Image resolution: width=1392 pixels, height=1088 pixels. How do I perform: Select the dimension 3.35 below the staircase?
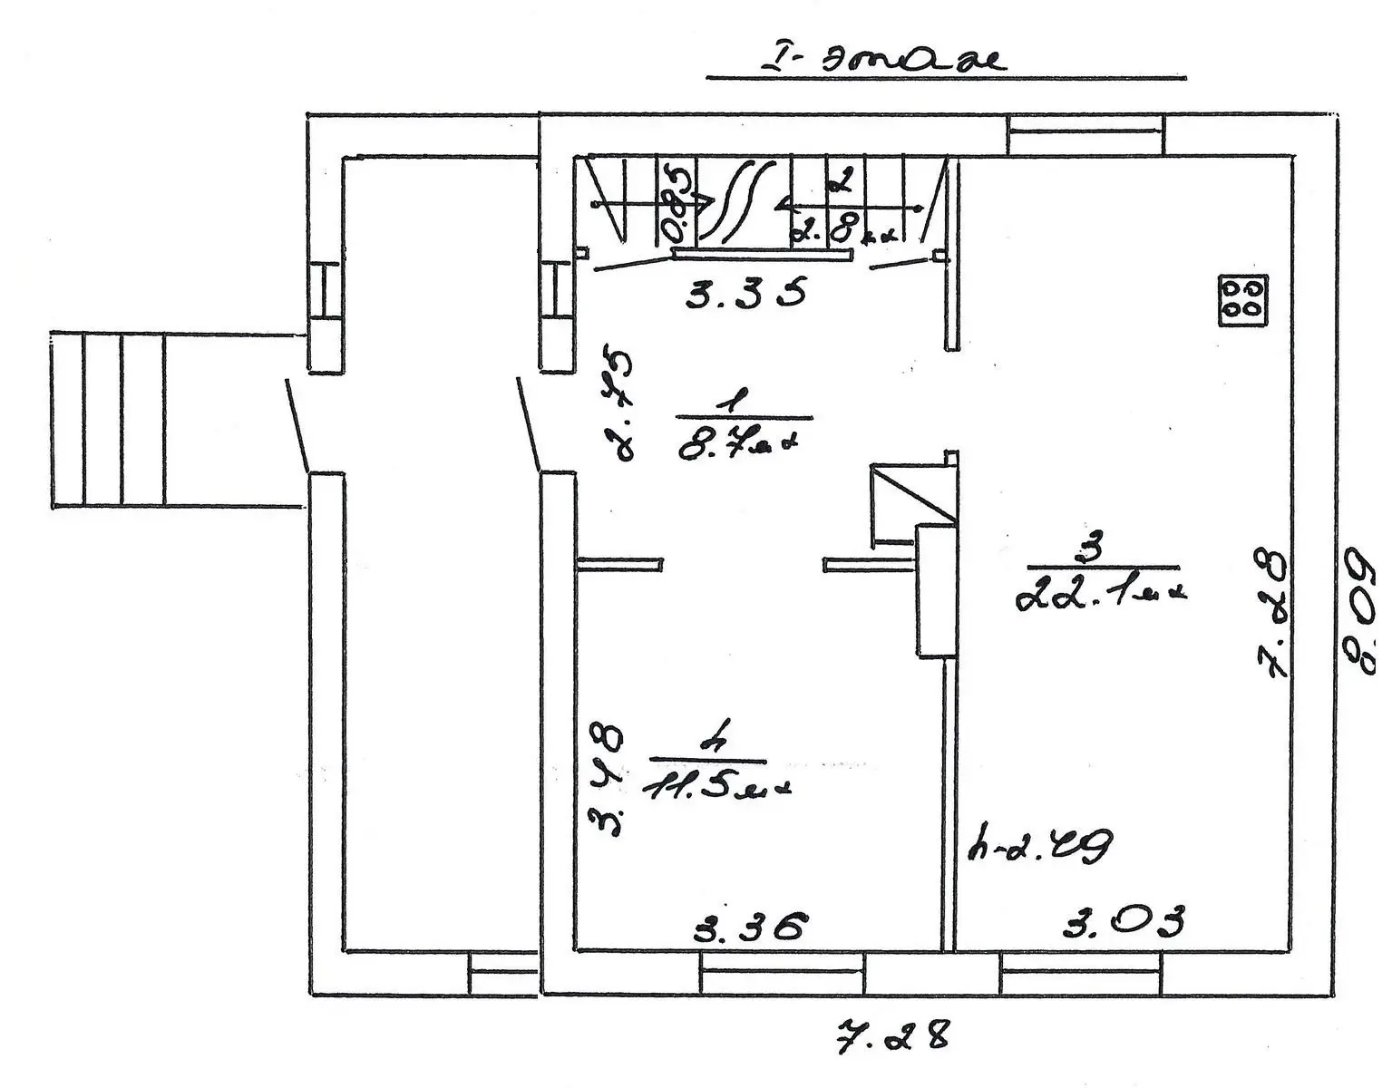tap(745, 295)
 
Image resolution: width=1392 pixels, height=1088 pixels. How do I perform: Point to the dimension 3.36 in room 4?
tap(749, 927)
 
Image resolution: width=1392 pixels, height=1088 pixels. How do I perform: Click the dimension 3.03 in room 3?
tap(1124, 923)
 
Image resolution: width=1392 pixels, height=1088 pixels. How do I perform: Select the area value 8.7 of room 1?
tap(740, 445)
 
